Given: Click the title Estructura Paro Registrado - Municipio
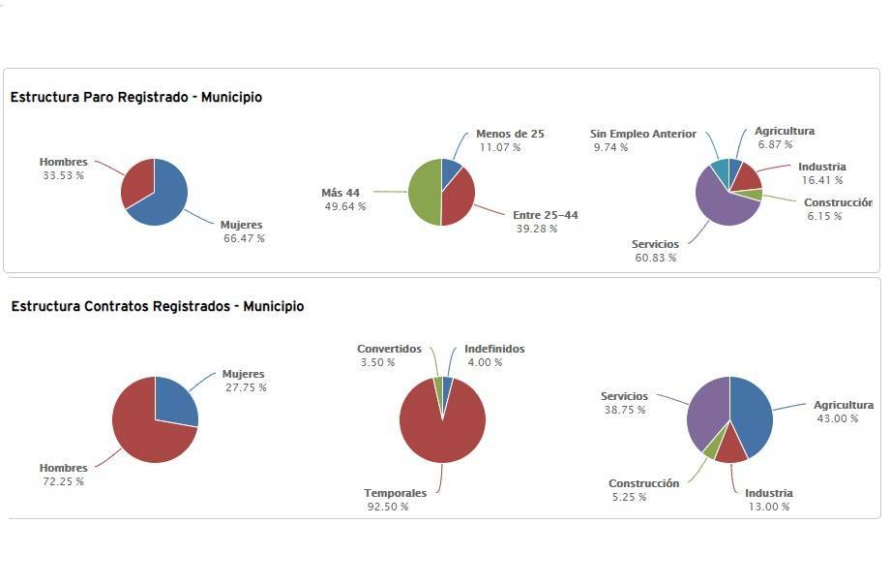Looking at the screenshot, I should (x=136, y=97).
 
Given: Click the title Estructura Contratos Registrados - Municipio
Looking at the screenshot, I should (x=158, y=306).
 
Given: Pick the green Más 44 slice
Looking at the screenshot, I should (x=424, y=193).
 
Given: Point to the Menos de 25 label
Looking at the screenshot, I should (x=510, y=134).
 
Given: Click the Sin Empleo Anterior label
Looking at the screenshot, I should (x=642, y=134).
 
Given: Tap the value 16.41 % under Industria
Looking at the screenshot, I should (x=821, y=180).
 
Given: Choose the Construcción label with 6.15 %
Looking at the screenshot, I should (x=838, y=202).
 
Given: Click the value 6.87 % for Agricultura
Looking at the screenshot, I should (x=775, y=144).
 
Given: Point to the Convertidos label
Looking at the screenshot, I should (x=389, y=349).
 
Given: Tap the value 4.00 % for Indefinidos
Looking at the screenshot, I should (x=485, y=362).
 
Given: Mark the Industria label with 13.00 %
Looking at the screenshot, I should (x=768, y=493).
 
